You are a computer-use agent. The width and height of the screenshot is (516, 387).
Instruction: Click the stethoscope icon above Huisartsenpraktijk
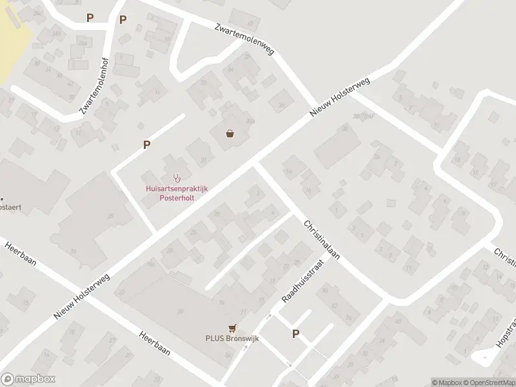click(176, 178)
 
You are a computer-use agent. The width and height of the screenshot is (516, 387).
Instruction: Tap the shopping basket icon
click(230, 134)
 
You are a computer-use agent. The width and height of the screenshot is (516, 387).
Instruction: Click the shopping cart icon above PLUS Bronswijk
click(232, 328)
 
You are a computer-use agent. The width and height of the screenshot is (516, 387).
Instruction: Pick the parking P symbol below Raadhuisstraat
click(296, 333)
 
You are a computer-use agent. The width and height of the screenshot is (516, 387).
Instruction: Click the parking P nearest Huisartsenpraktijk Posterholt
click(147, 145)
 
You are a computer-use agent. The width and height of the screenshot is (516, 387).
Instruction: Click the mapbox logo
click(26, 379)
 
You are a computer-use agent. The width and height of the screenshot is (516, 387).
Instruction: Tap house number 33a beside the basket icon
click(250, 122)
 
